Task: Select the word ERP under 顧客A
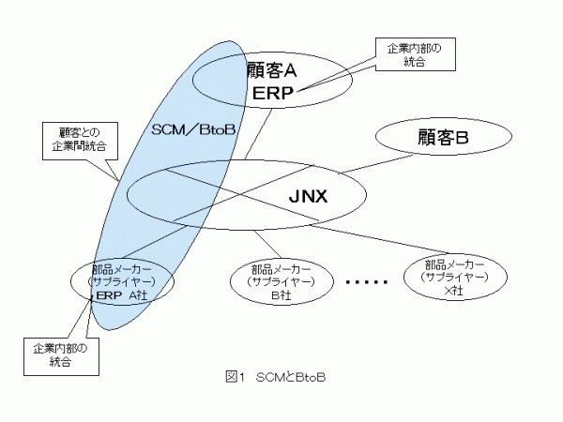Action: (x=273, y=92)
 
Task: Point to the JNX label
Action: (x=311, y=197)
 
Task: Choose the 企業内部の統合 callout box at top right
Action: (x=414, y=54)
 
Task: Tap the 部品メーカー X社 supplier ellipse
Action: (x=455, y=275)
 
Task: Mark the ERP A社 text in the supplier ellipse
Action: (x=120, y=294)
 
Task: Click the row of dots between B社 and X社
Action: (x=367, y=281)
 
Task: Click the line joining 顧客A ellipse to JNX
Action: (x=259, y=130)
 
